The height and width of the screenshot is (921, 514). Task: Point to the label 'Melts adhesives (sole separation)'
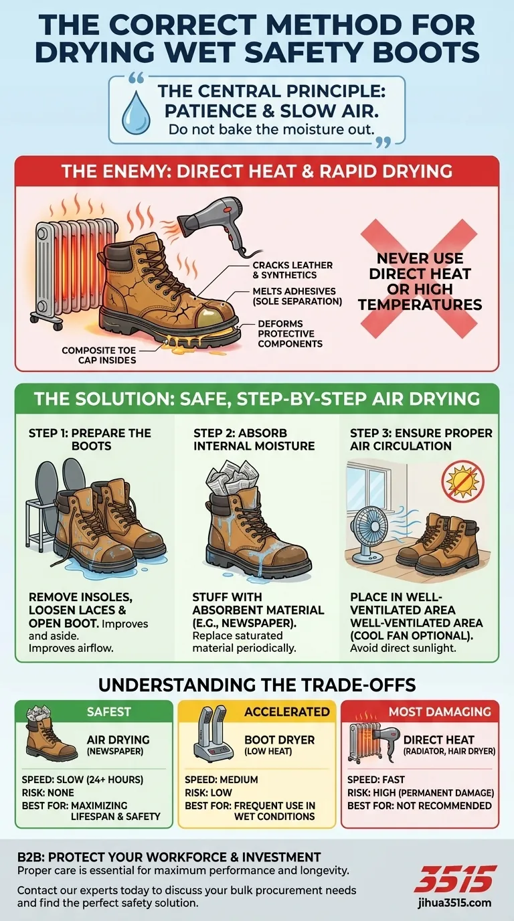click(297, 296)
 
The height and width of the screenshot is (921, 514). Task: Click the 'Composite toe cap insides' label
click(98, 355)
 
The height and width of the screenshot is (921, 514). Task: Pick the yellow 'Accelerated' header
click(287, 711)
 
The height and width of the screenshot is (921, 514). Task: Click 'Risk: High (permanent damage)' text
click(420, 792)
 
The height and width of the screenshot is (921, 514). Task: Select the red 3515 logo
click(456, 878)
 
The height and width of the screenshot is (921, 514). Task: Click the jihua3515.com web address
click(456, 902)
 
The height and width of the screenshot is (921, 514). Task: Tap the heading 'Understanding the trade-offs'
click(257, 684)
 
